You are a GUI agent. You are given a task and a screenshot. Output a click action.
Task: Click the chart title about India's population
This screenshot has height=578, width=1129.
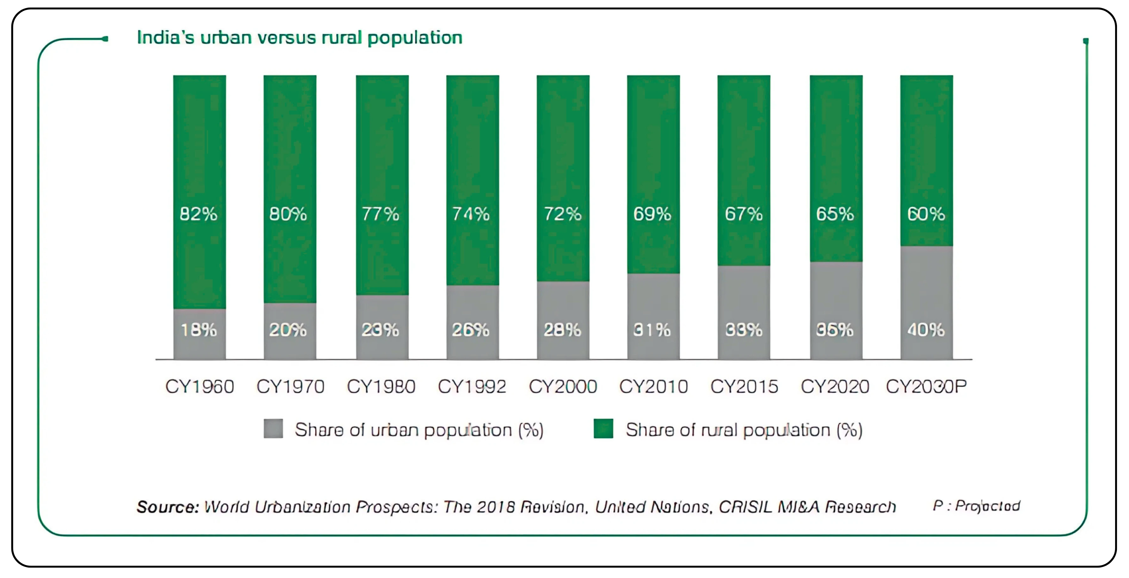click(x=299, y=38)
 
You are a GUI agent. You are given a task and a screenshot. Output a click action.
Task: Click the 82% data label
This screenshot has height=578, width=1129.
click(x=198, y=214)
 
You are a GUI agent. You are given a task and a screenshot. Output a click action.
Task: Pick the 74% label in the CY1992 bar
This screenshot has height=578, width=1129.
click(x=471, y=214)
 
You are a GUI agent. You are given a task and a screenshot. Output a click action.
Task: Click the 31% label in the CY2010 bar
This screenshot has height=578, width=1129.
click(x=652, y=330)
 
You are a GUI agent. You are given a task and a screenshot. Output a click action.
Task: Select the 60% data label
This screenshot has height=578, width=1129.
click(x=926, y=214)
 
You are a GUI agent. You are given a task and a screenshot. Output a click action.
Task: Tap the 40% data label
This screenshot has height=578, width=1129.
click(x=926, y=330)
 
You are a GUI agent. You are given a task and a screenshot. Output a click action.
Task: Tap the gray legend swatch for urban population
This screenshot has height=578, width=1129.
click(x=273, y=429)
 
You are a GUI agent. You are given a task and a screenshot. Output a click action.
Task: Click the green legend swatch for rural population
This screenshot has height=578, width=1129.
click(x=603, y=429)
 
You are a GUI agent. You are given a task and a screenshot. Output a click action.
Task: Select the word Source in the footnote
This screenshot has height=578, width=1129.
click(x=167, y=507)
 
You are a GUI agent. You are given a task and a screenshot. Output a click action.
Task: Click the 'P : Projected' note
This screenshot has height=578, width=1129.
click(x=976, y=506)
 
